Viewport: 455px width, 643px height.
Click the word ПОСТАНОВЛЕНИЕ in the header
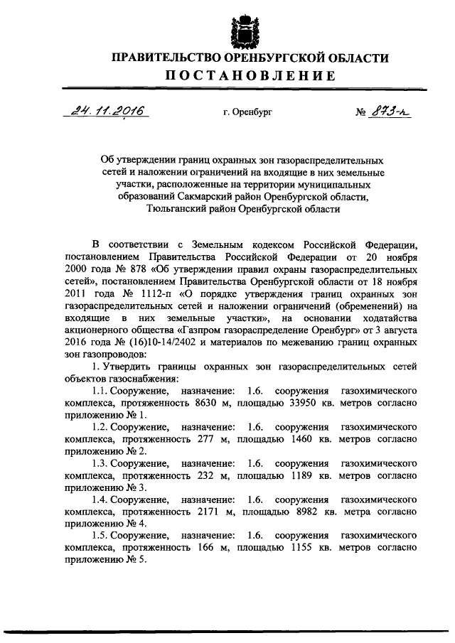240,76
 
